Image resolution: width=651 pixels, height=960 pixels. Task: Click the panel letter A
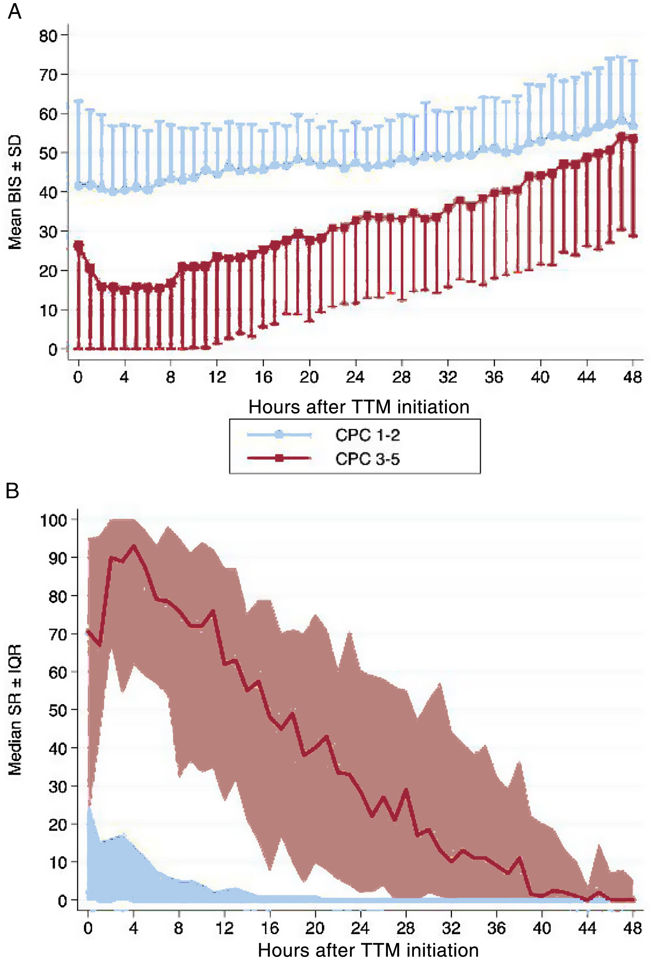[x=14, y=11]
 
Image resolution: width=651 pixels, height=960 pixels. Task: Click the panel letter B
[x=12, y=491]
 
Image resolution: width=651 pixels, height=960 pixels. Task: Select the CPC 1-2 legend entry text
[x=367, y=435]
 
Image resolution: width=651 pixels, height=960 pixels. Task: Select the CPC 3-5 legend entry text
[x=367, y=459]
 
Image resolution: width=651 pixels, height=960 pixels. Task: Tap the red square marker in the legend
[x=279, y=458]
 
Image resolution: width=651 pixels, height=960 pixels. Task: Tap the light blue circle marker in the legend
[x=279, y=434]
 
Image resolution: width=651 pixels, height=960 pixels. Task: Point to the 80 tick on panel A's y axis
[x=48, y=36]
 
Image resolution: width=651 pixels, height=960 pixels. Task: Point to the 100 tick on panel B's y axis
[x=53, y=520]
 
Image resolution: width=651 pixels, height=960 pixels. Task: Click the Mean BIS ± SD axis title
[x=15, y=192]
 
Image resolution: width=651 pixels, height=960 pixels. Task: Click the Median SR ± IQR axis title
[x=15, y=710]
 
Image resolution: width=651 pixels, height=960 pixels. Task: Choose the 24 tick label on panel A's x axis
[x=355, y=377]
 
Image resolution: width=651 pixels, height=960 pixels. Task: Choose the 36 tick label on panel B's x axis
[x=496, y=928]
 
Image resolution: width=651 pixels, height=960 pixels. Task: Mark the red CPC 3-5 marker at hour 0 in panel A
[x=79, y=245]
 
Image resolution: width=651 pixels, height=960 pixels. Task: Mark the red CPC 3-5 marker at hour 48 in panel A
[x=632, y=139]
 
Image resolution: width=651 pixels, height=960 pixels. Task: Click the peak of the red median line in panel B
[x=133, y=546]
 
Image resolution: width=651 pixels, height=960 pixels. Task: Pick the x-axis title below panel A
[x=359, y=407]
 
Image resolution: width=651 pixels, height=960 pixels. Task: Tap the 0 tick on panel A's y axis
[x=52, y=349]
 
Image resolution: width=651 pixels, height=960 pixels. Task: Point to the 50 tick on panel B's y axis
[x=58, y=710]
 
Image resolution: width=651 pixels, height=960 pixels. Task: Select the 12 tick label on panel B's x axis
[x=224, y=928]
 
